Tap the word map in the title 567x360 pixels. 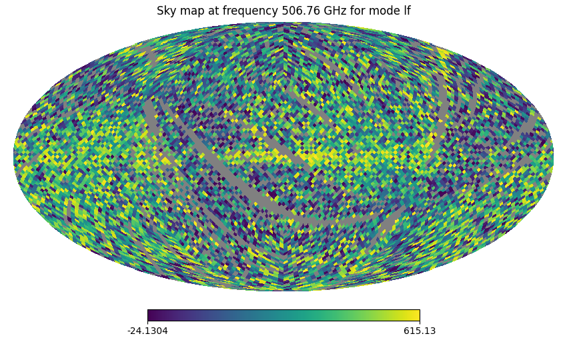[x=191, y=11]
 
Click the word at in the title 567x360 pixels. [x=211, y=11]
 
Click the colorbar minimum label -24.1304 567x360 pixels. [x=147, y=331]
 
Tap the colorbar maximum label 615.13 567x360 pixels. [x=420, y=331]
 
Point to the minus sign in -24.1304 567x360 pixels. [x=129, y=331]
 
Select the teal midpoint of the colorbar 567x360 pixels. [x=283, y=315]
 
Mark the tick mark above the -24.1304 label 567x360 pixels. [x=147, y=323]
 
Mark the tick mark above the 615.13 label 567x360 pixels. [x=420, y=323]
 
